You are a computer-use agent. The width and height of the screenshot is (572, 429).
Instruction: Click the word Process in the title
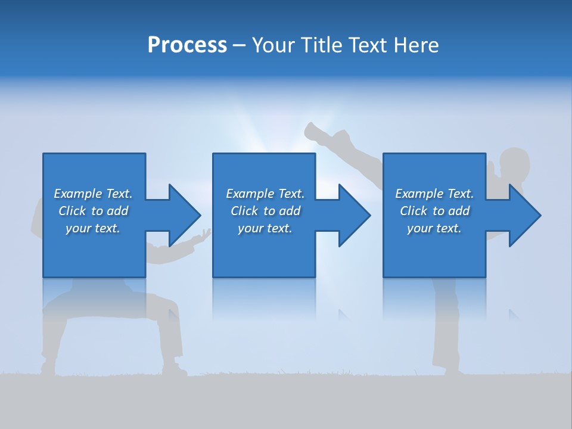187,45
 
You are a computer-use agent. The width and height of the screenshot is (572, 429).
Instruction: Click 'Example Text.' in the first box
93,194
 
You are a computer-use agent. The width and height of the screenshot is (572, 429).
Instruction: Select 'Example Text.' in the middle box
265,194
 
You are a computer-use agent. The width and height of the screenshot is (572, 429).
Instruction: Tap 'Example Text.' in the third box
434,194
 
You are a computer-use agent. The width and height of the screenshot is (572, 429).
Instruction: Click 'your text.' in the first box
93,228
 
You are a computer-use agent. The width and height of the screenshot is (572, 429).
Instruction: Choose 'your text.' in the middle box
265,228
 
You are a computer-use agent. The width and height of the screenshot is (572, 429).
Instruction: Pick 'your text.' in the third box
434,228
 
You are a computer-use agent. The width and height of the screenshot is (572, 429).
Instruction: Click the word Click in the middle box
244,211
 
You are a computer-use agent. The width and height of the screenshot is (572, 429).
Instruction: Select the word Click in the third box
414,211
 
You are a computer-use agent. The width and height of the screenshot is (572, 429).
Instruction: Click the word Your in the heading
272,45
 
